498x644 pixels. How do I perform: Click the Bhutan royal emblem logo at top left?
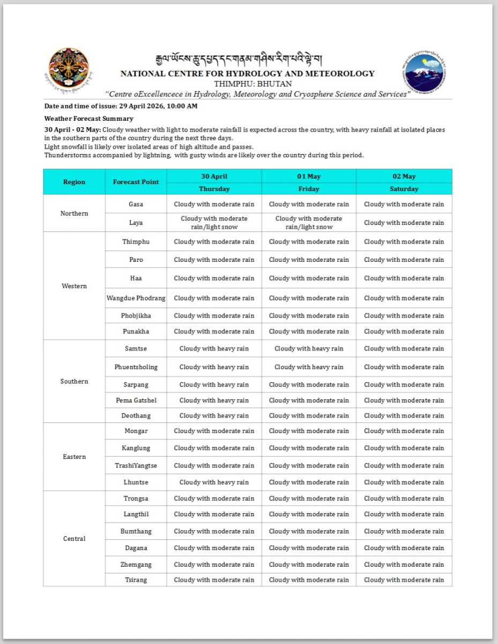click(x=69, y=69)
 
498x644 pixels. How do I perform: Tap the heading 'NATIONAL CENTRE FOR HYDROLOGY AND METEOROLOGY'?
click(x=248, y=74)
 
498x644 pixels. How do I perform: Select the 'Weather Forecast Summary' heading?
click(x=89, y=119)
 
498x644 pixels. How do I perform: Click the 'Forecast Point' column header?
click(x=136, y=182)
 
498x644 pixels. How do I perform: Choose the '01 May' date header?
click(x=309, y=176)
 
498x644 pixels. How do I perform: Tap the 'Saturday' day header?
click(x=404, y=189)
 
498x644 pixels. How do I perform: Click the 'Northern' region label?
click(x=74, y=214)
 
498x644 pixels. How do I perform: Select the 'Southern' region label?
click(x=74, y=382)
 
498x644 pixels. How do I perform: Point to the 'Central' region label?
click(x=74, y=539)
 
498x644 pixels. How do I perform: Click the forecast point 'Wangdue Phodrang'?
click(x=136, y=298)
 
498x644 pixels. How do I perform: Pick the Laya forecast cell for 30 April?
click(x=214, y=223)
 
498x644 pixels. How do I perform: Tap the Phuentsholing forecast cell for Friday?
click(x=309, y=367)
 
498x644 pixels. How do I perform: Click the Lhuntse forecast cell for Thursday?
click(x=214, y=482)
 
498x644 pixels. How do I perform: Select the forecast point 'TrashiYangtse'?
click(x=136, y=465)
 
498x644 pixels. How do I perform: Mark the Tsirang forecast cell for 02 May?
click(x=404, y=580)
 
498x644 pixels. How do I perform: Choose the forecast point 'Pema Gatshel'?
click(x=136, y=400)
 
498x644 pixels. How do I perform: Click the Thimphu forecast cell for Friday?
click(x=309, y=241)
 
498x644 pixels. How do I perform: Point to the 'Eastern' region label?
click(x=74, y=457)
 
